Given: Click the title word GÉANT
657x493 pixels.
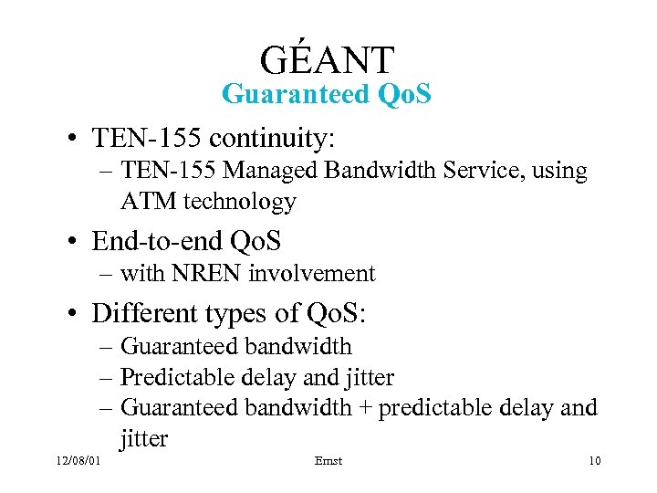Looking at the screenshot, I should pos(327,59).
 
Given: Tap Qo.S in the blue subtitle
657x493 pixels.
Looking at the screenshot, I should pos(399,94).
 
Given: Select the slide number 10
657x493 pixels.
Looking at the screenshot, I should pos(594,461).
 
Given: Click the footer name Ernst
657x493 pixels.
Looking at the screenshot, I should pos(328,461).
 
